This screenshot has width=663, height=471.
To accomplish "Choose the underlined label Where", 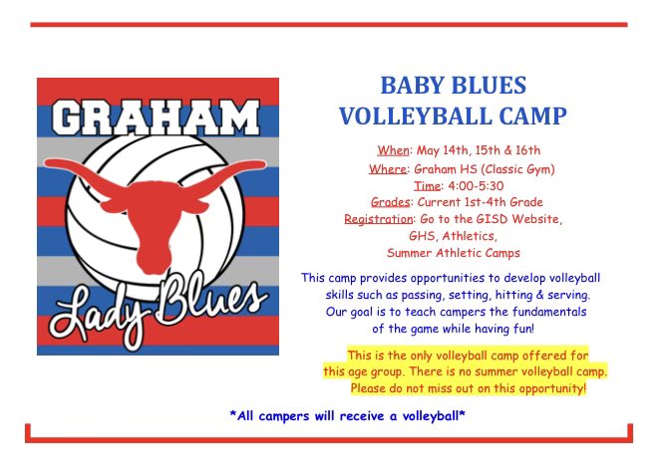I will (387, 168).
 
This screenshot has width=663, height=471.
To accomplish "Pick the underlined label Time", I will (428, 185).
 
